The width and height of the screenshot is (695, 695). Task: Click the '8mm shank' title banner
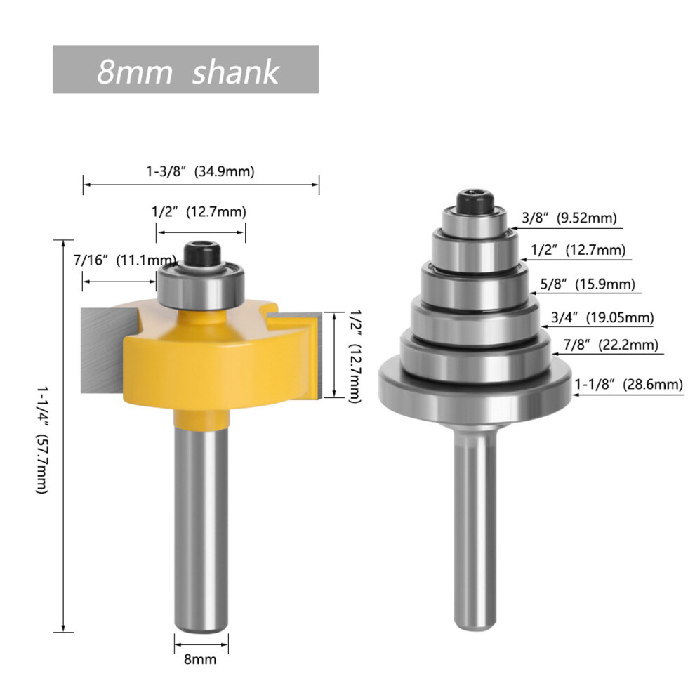click(x=185, y=69)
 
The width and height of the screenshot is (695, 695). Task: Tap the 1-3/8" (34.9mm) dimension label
click(x=200, y=171)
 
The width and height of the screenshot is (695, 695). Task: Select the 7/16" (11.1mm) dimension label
click(x=124, y=260)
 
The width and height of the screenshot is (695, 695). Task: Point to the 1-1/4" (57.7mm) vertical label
click(x=42, y=439)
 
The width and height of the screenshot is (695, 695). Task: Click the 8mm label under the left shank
click(x=200, y=659)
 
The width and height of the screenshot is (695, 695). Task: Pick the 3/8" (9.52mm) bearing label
click(x=569, y=218)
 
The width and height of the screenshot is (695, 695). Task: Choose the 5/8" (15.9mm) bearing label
click(x=588, y=284)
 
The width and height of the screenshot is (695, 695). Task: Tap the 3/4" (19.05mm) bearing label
click(x=602, y=317)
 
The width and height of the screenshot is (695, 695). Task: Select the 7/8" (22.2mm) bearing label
click(x=611, y=345)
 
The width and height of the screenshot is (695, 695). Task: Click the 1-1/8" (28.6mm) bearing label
click(x=628, y=384)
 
